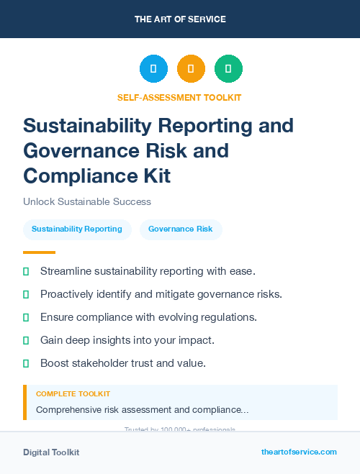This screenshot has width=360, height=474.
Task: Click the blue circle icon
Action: point(153,69)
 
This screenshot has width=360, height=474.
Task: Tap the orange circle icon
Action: point(191,69)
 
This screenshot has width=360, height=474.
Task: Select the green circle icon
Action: point(228,69)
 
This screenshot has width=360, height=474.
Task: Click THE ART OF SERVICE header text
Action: point(180,19)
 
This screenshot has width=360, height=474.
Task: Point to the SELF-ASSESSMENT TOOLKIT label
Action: point(179,97)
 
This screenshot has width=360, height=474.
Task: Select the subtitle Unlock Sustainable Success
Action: point(87,202)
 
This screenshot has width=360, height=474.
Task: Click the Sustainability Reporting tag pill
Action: point(77,229)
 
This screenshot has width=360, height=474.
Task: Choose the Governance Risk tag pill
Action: point(181,229)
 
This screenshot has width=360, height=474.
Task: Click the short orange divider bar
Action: point(39,252)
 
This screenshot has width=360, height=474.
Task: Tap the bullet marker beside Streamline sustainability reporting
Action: point(26,271)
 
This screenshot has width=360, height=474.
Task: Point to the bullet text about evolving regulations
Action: point(148,317)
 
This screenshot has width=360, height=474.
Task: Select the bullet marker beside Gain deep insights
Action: point(26,340)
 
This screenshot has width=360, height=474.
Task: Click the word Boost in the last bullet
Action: point(55,363)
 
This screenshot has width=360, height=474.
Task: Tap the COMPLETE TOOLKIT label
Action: point(73,394)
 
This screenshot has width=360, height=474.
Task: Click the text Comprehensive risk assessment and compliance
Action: point(143,409)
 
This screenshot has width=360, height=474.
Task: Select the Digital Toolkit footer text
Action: point(51,452)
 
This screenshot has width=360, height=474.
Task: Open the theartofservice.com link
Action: point(299,452)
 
